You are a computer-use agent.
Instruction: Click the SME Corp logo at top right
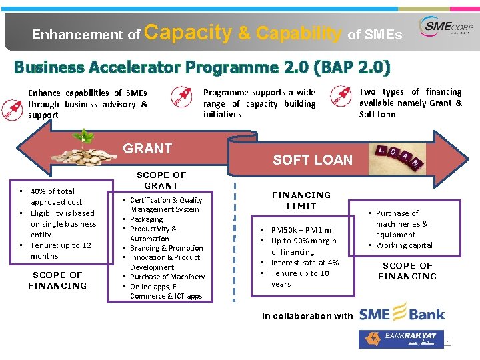(x=446, y=29)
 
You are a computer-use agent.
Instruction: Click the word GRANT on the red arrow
(x=147, y=149)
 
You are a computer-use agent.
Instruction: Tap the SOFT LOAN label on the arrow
(x=313, y=160)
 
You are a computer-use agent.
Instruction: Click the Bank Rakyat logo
(x=398, y=339)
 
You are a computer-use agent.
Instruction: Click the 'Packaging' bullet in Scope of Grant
(x=146, y=219)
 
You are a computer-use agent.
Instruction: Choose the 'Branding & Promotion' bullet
(x=166, y=248)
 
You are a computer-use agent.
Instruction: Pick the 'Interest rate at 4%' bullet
(x=305, y=263)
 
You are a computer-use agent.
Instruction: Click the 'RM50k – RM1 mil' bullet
(x=303, y=230)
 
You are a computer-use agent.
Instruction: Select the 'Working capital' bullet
(x=404, y=245)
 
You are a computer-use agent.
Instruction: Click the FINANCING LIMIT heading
(x=301, y=200)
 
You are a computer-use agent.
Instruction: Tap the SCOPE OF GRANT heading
(x=161, y=180)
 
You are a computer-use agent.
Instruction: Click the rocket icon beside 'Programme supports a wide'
(x=181, y=97)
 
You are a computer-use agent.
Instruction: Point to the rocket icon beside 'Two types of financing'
(x=344, y=97)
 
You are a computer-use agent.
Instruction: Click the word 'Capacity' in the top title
(x=187, y=32)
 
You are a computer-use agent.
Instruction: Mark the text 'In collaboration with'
(x=307, y=316)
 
